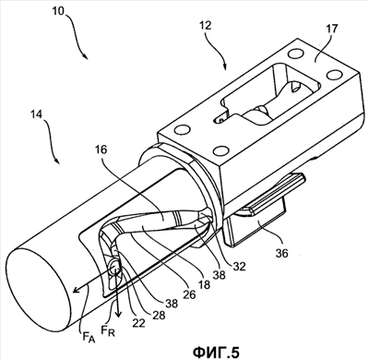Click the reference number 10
(x=58, y=11)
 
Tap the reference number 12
(x=205, y=26)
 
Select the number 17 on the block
(x=331, y=29)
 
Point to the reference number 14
(x=38, y=114)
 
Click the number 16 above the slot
(x=101, y=150)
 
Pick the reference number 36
(x=281, y=253)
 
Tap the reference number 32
(x=240, y=266)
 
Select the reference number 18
(x=204, y=284)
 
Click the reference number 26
(x=189, y=294)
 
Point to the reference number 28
(x=158, y=315)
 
